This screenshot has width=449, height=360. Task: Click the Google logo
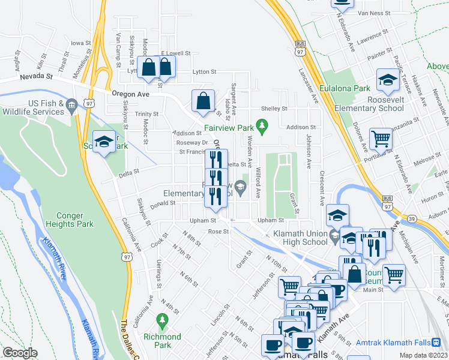20,353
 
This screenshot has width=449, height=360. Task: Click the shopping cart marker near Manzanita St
381,139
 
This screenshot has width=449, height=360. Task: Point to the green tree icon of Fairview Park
261,125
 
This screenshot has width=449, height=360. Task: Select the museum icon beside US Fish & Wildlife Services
71,106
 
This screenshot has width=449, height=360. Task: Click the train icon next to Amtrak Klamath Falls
436,342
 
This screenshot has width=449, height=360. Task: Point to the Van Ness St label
374,13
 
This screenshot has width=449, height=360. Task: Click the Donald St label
161,203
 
